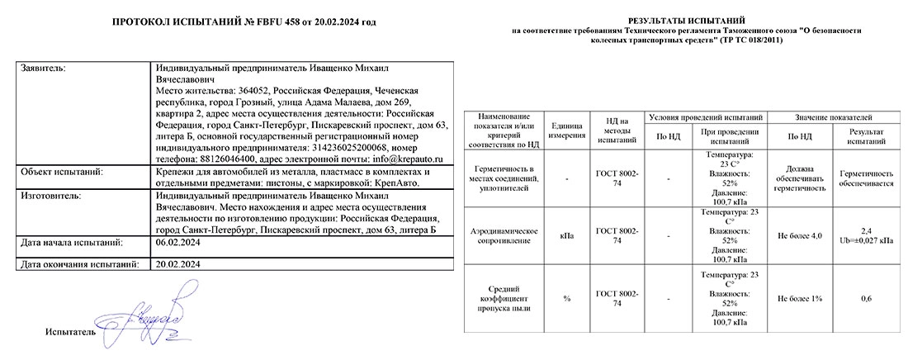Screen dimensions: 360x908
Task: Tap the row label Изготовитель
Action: tap(50, 198)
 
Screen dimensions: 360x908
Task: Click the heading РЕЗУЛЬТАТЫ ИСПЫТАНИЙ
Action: tap(686, 18)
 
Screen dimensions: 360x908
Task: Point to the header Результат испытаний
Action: tap(866, 135)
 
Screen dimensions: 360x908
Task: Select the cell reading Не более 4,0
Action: tap(800, 235)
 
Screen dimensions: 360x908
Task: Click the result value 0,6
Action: tap(866, 297)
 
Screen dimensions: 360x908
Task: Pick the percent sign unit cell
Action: tap(565, 297)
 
